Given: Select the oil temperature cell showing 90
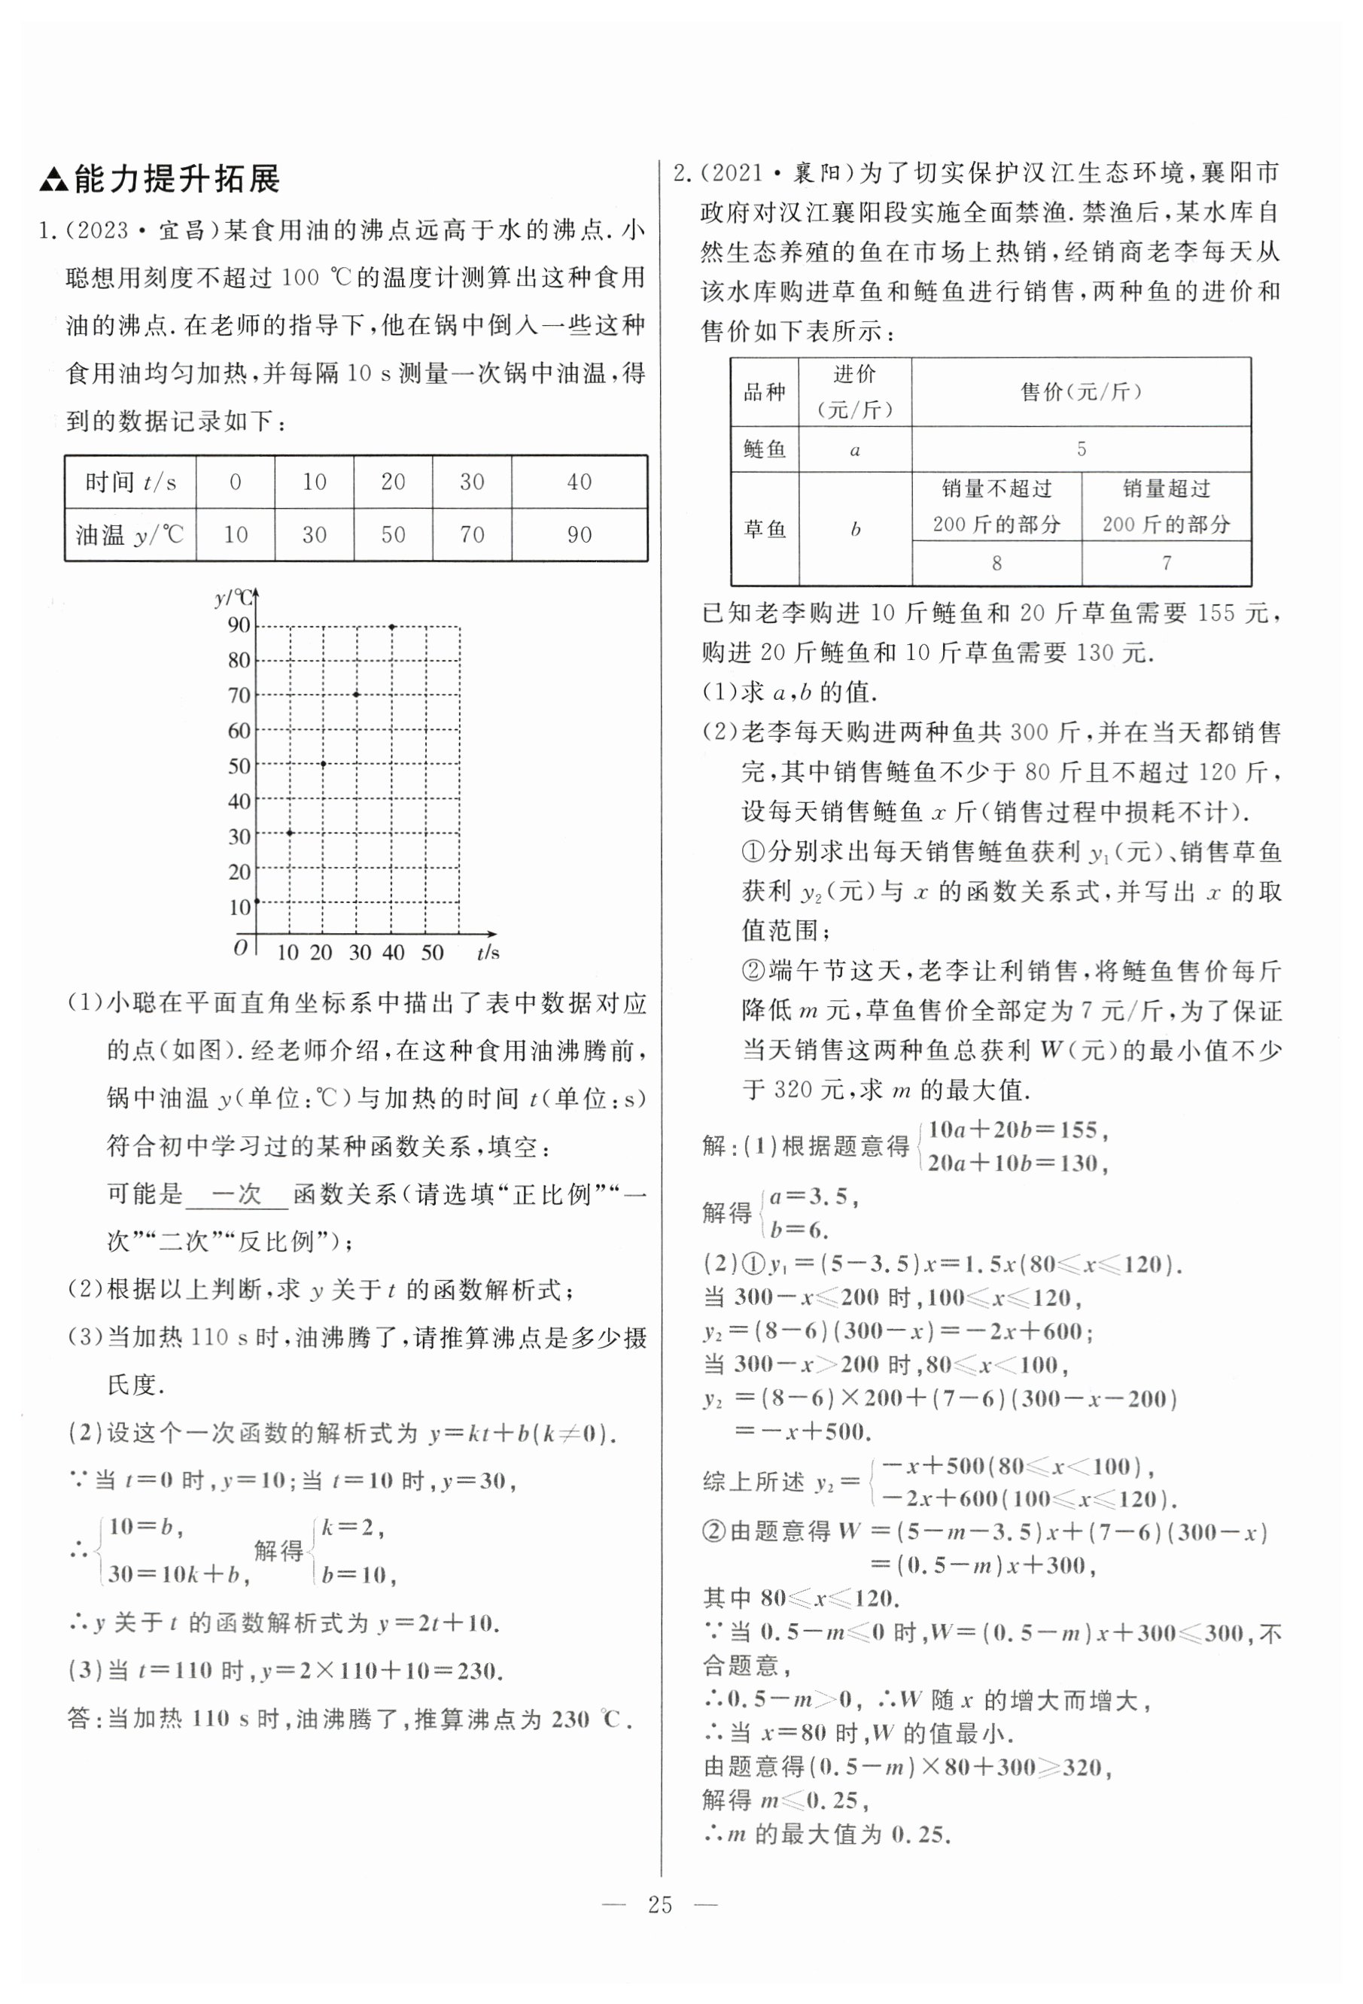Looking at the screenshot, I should click(579, 534).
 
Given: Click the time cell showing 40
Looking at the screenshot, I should click(579, 482).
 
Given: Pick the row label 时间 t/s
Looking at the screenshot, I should click(130, 482).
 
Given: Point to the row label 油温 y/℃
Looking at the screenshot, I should click(130, 534).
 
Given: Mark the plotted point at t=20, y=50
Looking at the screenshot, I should click(324, 764).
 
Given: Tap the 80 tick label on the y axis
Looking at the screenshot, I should click(239, 661).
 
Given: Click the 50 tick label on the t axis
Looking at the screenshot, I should click(432, 953).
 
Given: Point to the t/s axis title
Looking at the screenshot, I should click(488, 953).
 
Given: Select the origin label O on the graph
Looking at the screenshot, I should click(241, 947).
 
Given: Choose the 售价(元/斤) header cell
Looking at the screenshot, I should click(1080, 392).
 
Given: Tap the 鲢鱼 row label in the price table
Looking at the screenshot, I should click(765, 449).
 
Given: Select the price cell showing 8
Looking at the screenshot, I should click(996, 564).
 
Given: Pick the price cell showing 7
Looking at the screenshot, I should click(1167, 564).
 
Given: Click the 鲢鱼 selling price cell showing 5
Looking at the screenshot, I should click(1080, 449).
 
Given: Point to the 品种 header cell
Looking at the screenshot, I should click(765, 392).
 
